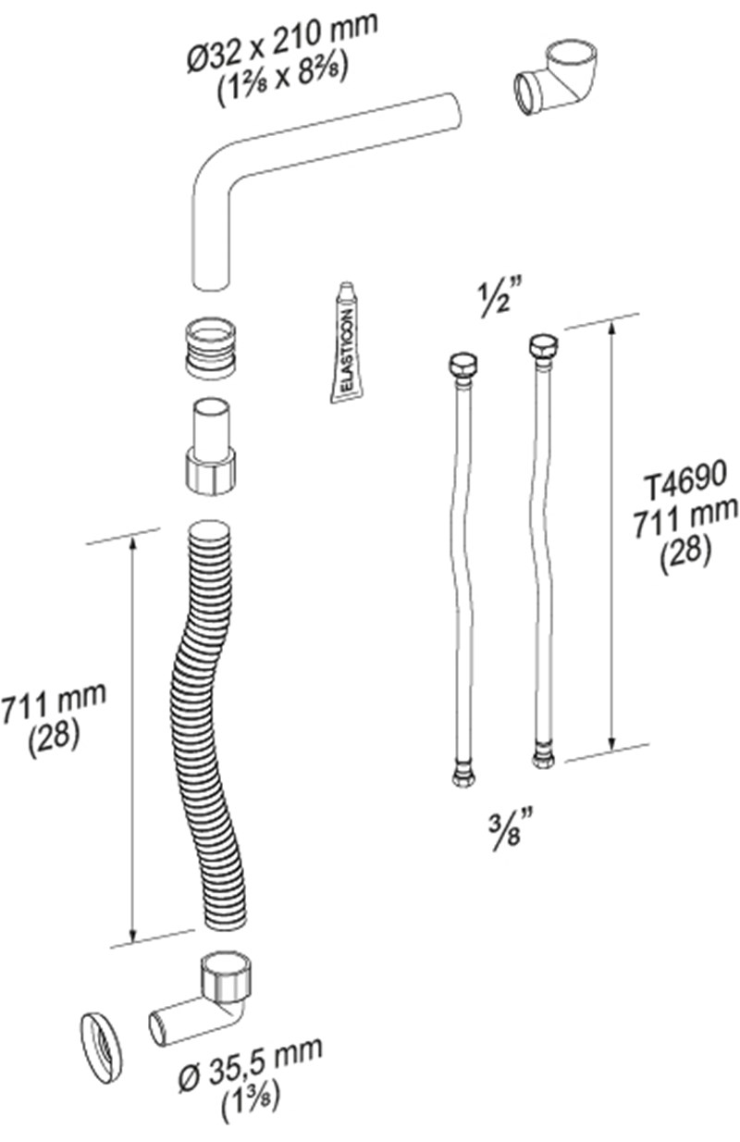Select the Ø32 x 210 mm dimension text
coord(283,43)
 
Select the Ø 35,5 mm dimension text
coord(251,1063)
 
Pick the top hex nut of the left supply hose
coord(463,364)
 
